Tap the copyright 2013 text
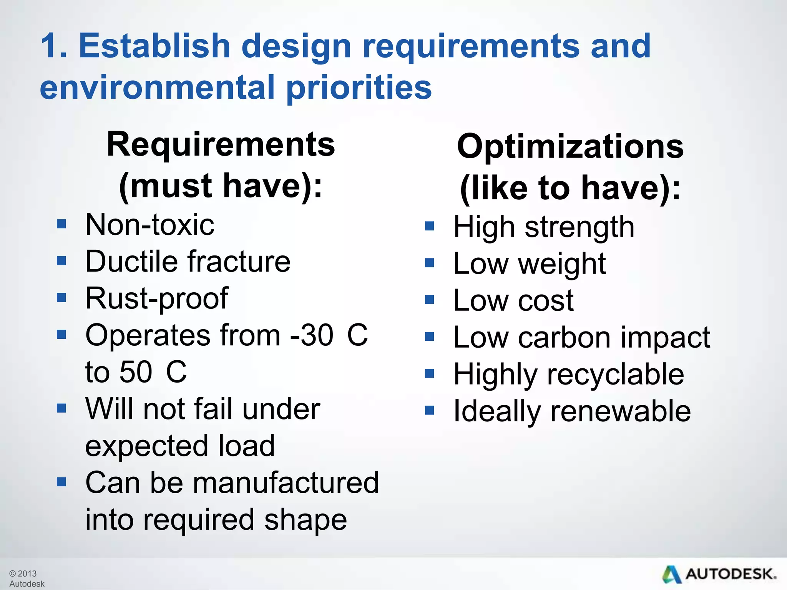point(23,573)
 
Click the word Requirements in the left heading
point(221,144)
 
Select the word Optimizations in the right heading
point(570,147)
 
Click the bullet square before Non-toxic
point(61,224)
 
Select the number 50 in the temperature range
point(136,372)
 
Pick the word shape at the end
point(306,520)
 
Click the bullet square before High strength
point(430,226)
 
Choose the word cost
point(546,301)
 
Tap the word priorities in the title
point(359,88)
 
